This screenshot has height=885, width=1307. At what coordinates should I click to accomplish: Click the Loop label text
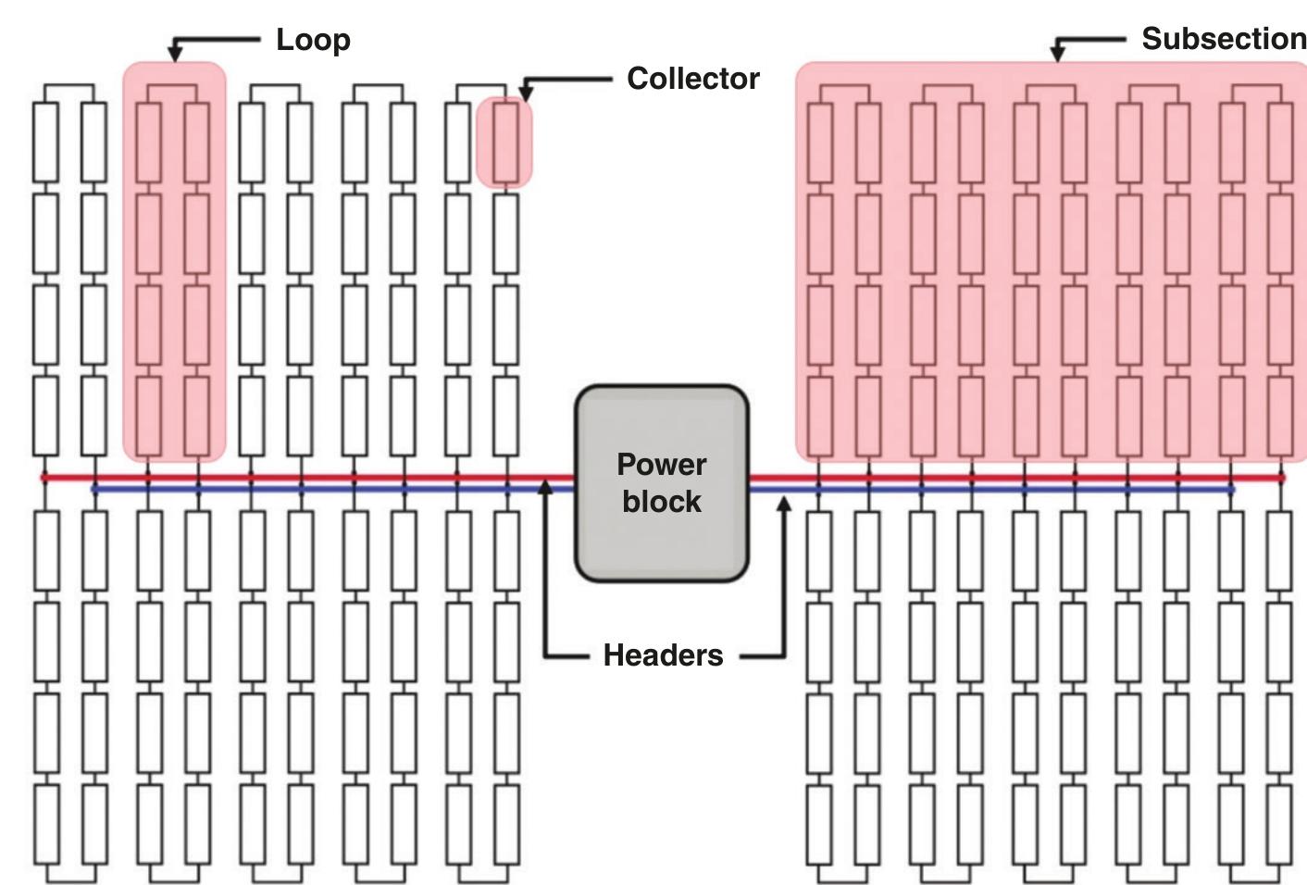pos(313,40)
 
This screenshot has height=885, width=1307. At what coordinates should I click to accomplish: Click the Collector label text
pos(692,79)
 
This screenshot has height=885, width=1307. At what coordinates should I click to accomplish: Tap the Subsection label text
pos(1223,39)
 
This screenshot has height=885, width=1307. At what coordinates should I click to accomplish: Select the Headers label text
pos(663,655)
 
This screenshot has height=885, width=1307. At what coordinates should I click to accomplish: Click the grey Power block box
pos(661,546)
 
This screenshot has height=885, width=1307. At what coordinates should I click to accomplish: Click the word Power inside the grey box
pos(661,464)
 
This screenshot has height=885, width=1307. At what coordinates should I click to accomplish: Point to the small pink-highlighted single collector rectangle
pos(504,142)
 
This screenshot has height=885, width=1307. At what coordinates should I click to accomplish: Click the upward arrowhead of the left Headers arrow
pos(545,485)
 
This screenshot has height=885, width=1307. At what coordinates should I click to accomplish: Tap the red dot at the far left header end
pos(44,478)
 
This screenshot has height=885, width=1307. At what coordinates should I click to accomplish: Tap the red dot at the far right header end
pos(1282,478)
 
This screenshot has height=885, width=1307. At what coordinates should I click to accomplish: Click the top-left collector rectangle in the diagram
pos(45,142)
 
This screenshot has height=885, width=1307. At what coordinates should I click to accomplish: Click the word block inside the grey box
pos(661,502)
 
